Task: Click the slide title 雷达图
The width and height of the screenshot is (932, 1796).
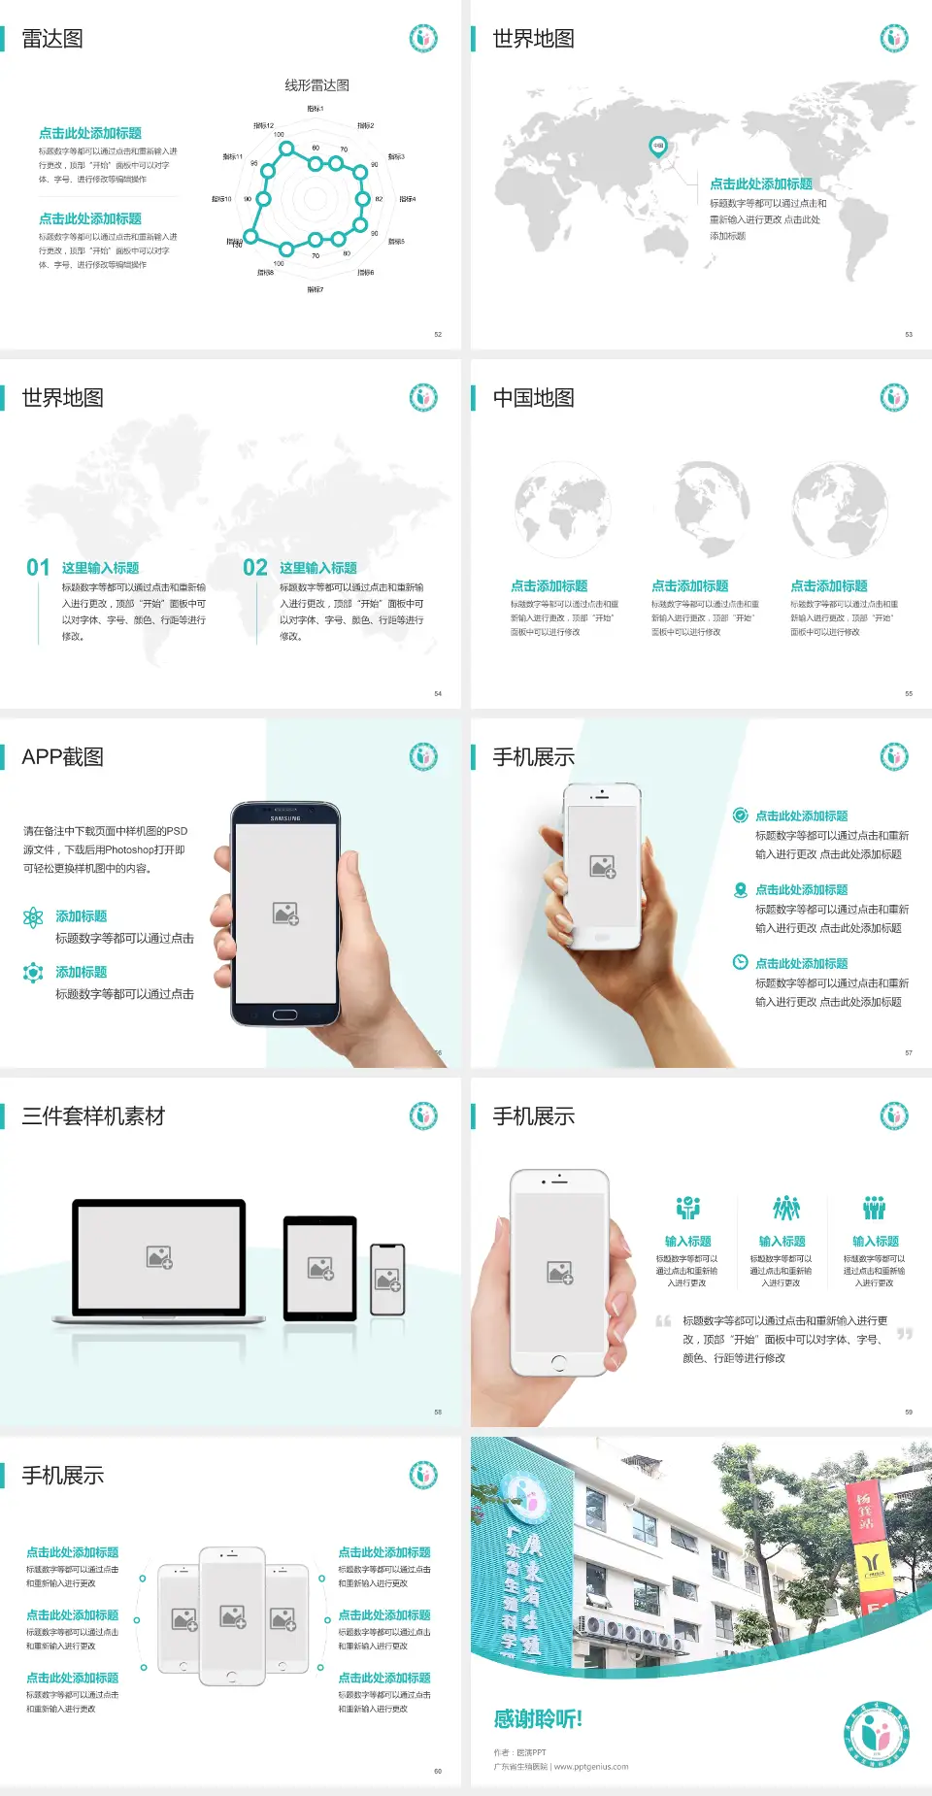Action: coord(52,39)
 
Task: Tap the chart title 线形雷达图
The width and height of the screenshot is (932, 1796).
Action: coord(316,85)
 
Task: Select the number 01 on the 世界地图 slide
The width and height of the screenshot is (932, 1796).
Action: coord(38,568)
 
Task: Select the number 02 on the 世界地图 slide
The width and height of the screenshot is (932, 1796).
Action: coord(255,568)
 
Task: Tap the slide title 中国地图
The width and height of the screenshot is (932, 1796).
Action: coord(533,398)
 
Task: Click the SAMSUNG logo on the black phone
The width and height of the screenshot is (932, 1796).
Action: coord(285,818)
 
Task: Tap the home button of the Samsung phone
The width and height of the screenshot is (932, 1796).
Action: coord(284,1014)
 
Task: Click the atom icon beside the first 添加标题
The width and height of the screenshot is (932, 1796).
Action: coord(33,917)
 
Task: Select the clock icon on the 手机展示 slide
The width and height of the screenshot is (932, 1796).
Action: coord(740,962)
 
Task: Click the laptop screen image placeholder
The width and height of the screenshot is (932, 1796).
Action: coord(159,1257)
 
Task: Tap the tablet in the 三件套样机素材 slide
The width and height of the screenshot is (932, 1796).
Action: coord(320,1267)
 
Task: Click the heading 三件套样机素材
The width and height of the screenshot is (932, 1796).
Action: coord(93,1116)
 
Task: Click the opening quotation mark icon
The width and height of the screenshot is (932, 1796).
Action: coord(663,1321)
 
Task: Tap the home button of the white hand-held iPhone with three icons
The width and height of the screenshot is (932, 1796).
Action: coord(558,1362)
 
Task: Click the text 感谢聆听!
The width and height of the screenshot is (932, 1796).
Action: coord(538,1719)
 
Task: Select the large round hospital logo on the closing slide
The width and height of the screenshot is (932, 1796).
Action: coord(876,1734)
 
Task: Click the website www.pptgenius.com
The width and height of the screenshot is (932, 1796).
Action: coord(591,1767)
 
